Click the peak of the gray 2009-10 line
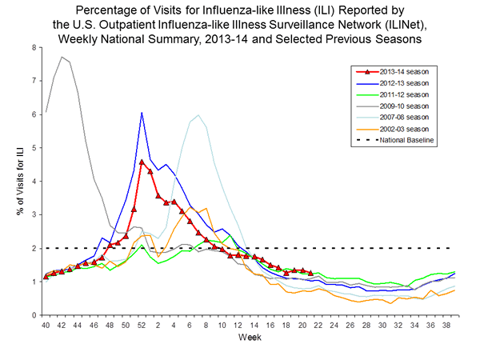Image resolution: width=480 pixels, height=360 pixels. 62,57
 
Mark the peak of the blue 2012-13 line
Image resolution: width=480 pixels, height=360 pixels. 142,113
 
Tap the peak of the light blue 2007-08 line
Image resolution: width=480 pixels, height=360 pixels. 198,115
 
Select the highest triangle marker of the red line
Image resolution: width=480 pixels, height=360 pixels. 142,162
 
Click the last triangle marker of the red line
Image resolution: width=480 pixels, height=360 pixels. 310,273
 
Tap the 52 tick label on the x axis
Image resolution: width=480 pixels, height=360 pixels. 142,326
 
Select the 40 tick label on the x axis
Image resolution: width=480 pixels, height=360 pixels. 46,326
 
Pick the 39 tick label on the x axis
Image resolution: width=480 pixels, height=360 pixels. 454,326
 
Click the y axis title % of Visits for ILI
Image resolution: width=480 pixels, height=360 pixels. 17,181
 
